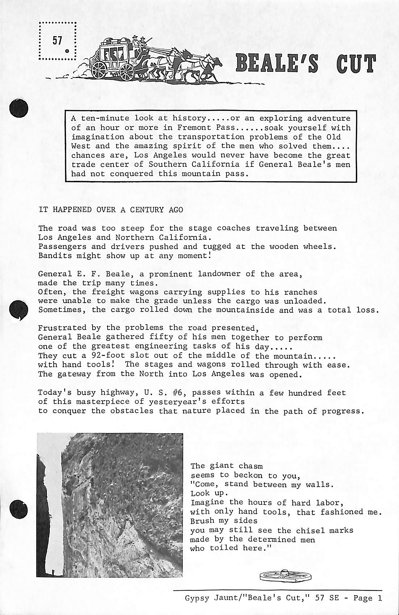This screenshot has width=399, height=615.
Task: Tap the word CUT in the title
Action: click(356, 63)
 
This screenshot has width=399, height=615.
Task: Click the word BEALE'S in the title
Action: click(277, 63)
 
